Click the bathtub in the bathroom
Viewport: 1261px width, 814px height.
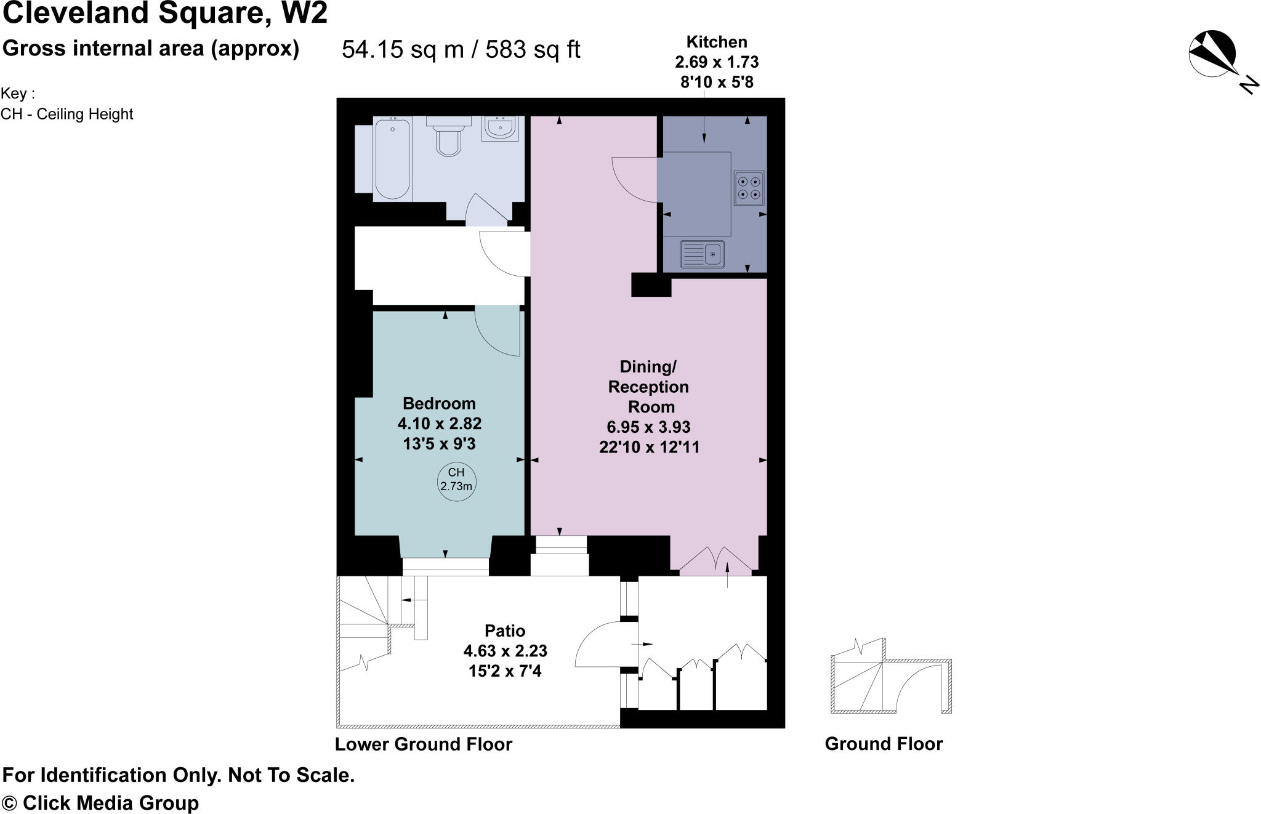(392, 159)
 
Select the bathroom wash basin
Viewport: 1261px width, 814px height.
(499, 129)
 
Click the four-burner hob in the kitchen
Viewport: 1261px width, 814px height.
(749, 188)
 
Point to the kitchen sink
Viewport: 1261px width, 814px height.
(702, 254)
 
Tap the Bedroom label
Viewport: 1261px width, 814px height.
(439, 403)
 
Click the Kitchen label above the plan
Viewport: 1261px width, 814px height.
(717, 42)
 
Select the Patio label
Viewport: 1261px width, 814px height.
(505, 631)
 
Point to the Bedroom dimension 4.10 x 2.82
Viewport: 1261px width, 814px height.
(440, 424)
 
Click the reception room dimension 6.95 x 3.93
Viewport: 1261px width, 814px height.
(648, 427)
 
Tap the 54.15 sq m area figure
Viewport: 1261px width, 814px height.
(403, 49)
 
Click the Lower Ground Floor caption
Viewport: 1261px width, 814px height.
(424, 744)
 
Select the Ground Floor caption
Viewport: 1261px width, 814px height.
(884, 744)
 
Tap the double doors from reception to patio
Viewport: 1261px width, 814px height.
(715, 560)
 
